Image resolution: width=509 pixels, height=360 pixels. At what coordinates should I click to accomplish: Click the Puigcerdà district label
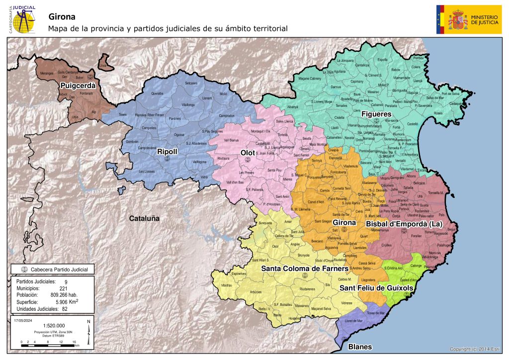(75, 86)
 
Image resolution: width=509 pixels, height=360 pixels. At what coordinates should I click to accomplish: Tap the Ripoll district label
(167, 151)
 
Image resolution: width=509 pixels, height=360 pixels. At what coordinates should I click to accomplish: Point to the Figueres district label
(376, 114)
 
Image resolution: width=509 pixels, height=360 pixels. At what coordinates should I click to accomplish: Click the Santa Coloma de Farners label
(304, 269)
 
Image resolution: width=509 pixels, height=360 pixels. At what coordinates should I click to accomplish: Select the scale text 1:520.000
(48, 325)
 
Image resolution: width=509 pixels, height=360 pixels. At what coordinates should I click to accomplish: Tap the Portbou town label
(412, 59)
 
